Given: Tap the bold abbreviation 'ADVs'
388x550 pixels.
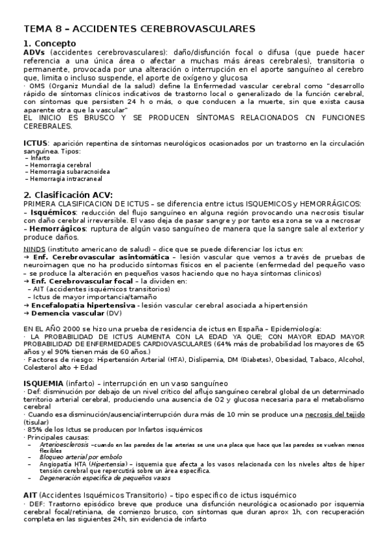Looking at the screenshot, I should point(35,51).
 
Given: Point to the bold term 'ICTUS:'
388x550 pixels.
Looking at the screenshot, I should point(36,142).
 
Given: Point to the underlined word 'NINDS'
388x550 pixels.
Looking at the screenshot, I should point(34,248).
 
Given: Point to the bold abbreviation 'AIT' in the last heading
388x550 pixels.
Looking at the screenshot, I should point(31,495).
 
